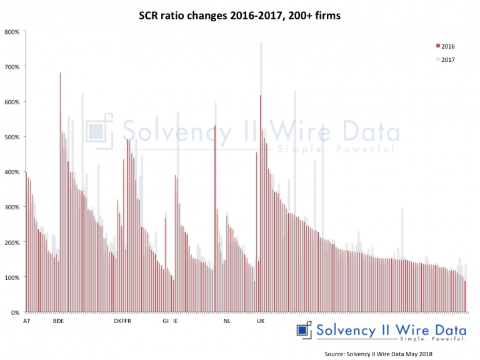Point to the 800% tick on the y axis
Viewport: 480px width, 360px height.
pos(12,32)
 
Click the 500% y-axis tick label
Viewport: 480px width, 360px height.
pos(12,137)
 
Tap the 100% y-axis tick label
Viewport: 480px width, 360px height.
pos(12,277)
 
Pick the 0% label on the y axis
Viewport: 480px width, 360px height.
pos(15,312)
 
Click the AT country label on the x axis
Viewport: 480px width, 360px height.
pos(26,321)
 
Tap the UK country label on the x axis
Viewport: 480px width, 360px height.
pos(261,321)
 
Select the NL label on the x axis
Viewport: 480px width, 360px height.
pos(227,321)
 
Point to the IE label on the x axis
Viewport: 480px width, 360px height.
pos(176,321)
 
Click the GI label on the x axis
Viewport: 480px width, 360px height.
pos(166,321)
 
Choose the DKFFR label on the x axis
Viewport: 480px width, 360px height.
pos(122,321)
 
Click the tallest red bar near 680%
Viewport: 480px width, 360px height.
pos(60,187)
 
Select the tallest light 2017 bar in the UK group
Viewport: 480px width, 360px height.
pos(261,175)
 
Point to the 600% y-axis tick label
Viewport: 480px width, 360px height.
pos(12,102)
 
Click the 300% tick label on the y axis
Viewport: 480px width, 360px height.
pos(12,207)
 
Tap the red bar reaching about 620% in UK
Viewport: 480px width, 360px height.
pos(260,200)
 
